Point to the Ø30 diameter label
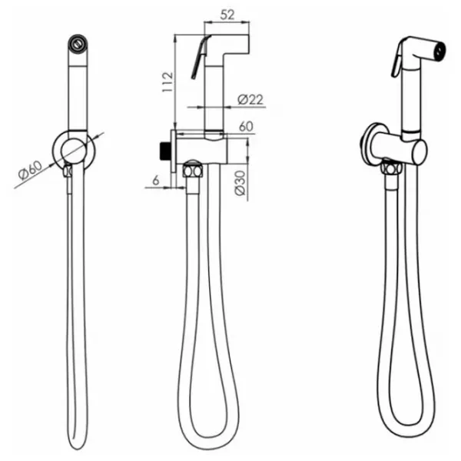pos(240,183)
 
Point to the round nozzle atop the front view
pos(78,43)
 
